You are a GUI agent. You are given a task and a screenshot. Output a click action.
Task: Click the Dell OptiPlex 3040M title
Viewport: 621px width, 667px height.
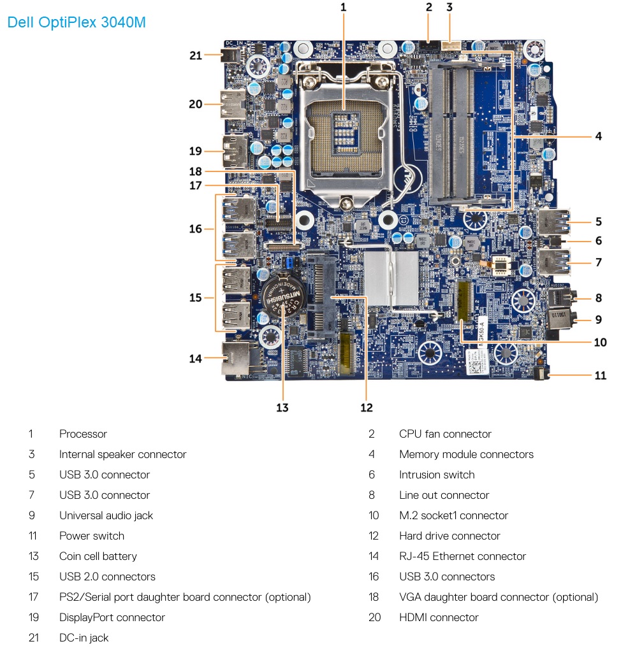pos(77,22)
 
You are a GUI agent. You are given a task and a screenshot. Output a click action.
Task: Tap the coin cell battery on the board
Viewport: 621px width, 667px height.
pos(283,297)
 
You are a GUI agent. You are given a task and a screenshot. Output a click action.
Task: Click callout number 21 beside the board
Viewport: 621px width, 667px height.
pos(195,55)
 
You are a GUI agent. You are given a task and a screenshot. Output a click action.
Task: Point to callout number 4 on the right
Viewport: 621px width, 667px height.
pos(599,136)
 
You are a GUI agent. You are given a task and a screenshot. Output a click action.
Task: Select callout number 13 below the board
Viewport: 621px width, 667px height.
pos(282,408)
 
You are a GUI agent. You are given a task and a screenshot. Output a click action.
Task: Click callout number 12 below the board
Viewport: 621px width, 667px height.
pos(367,408)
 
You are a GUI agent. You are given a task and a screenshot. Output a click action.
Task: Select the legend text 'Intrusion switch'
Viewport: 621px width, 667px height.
pos(437,475)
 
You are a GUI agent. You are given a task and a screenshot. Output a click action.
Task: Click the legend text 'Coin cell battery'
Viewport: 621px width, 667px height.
pos(98,556)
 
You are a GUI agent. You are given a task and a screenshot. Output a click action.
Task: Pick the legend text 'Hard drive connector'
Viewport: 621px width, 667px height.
pos(449,536)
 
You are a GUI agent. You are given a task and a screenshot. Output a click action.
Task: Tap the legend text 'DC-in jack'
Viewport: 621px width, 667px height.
pos(84,638)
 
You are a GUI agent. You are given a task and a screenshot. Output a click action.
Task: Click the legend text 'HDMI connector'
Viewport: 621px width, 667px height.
pos(439,618)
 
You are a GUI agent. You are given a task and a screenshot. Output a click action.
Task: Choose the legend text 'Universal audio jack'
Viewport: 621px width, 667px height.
pos(106,515)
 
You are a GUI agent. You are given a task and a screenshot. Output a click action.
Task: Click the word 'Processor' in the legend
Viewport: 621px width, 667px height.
pos(83,434)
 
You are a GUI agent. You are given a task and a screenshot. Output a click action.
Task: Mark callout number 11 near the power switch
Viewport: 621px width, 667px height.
pos(600,375)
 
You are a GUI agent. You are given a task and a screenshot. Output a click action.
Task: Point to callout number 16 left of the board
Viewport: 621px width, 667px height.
pos(195,229)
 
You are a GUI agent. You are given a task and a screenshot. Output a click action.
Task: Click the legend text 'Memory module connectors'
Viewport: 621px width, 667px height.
pos(466,454)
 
